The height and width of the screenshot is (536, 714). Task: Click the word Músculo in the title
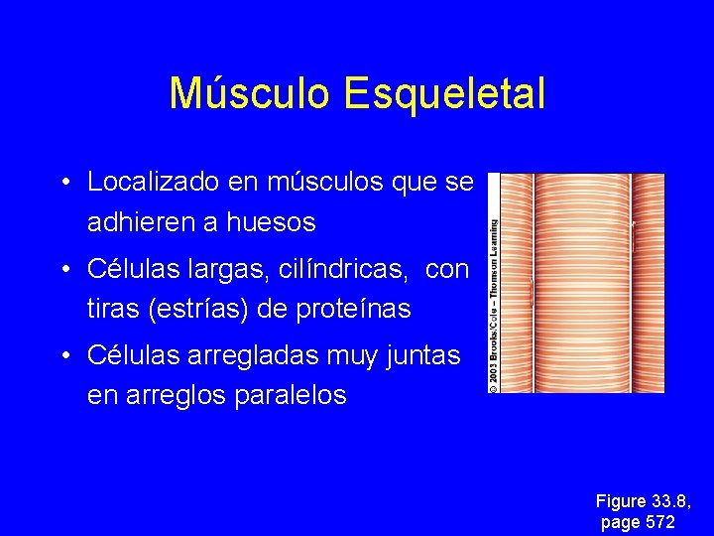(x=250, y=94)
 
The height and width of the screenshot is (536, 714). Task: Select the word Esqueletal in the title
(x=444, y=94)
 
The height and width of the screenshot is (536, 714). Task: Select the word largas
(x=219, y=269)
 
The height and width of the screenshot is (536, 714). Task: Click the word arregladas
(x=267, y=354)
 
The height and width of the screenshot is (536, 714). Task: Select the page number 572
(x=659, y=522)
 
